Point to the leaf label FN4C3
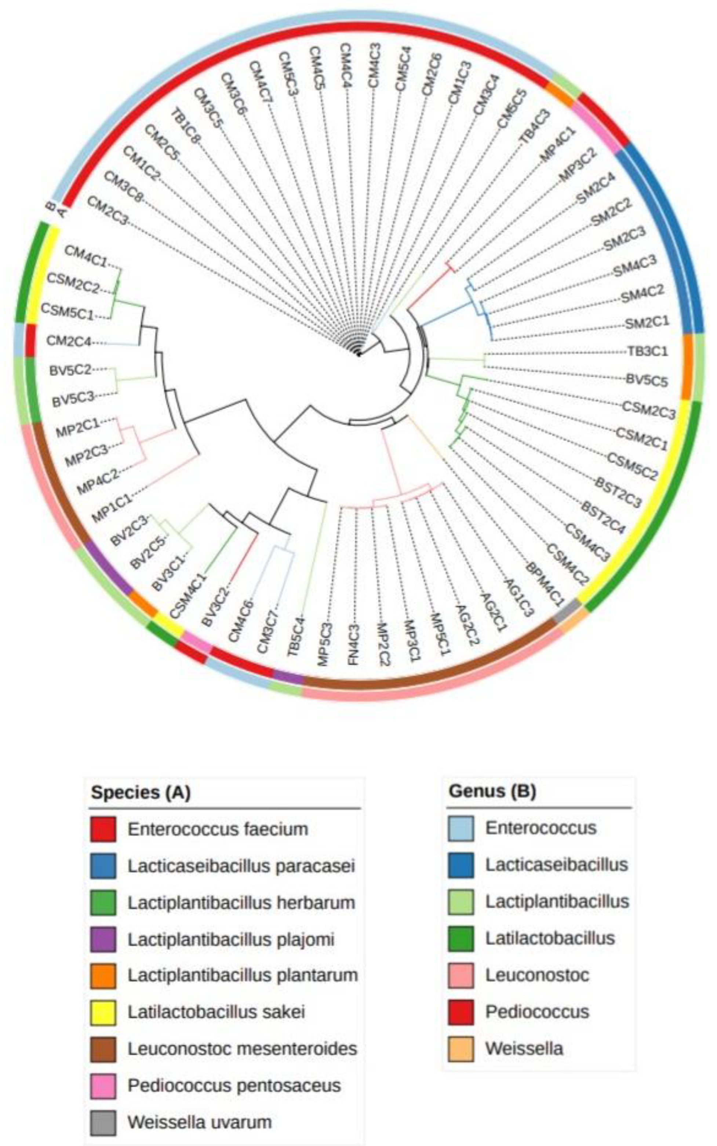pos(354,644)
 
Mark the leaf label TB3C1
pos(648,351)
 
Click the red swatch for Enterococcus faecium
pos(103,830)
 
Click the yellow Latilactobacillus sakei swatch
pos(103,1013)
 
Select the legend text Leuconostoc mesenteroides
pos(242,1049)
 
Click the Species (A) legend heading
pos(141,793)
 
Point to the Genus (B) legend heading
pos(492,792)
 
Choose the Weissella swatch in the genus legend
pos(461,1049)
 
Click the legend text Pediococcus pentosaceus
pos(234,1086)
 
